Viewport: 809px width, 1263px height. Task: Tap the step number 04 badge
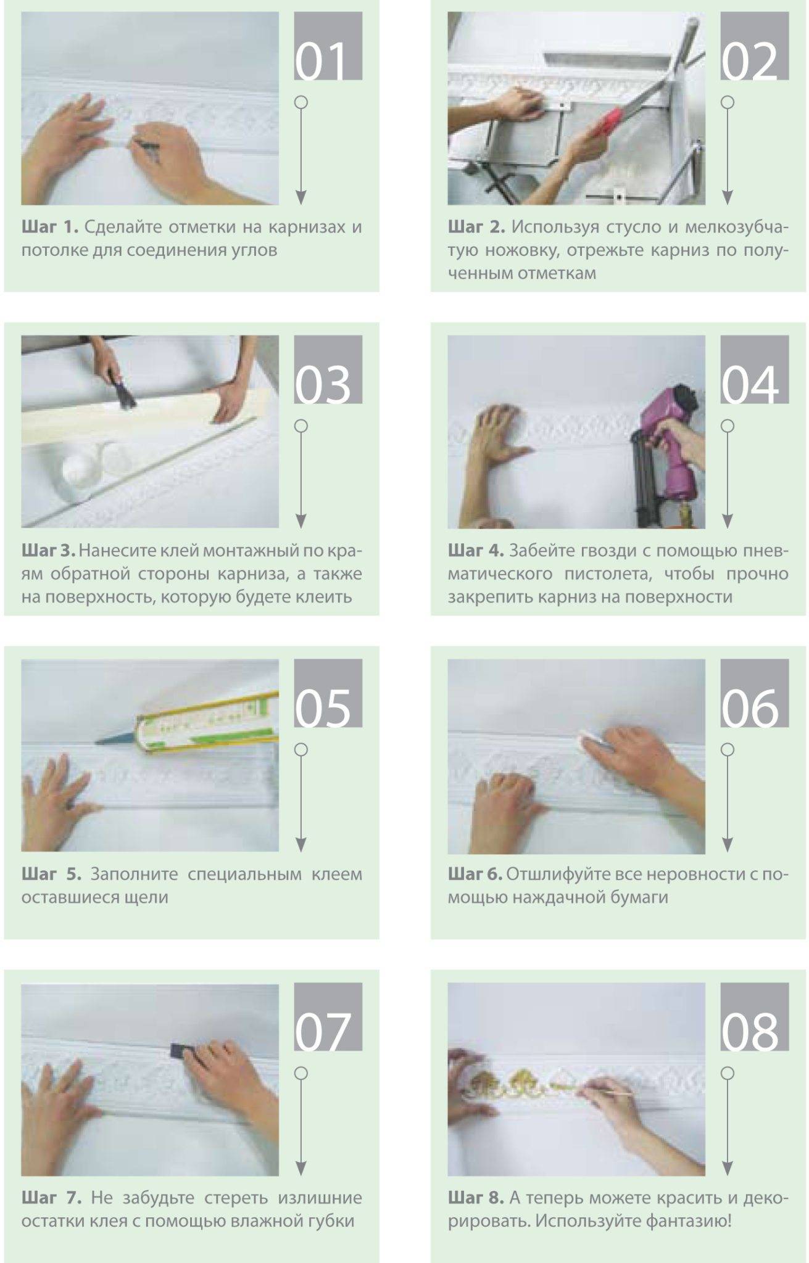[754, 369]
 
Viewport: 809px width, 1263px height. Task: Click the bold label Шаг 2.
[476, 227]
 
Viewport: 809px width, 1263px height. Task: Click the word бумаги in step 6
[637, 897]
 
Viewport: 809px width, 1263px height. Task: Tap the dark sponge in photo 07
[179, 1051]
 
